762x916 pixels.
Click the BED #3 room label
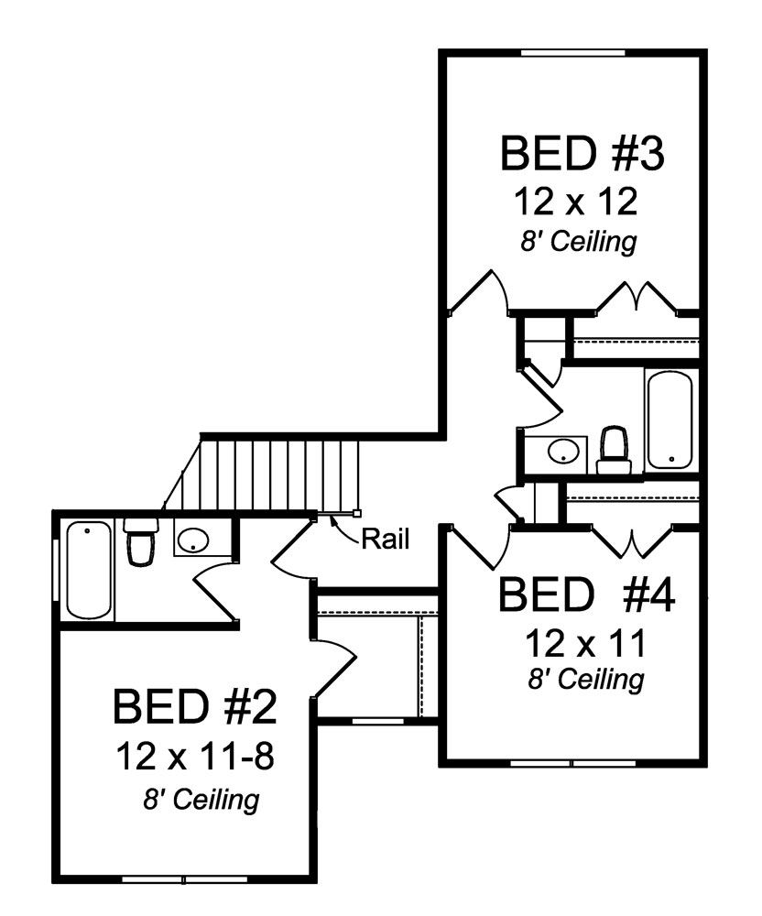581,153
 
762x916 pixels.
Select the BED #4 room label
586,596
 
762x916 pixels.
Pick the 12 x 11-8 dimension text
196,757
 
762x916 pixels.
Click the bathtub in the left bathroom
88,569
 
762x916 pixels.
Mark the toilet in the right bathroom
612,450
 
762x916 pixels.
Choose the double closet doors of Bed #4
634,541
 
